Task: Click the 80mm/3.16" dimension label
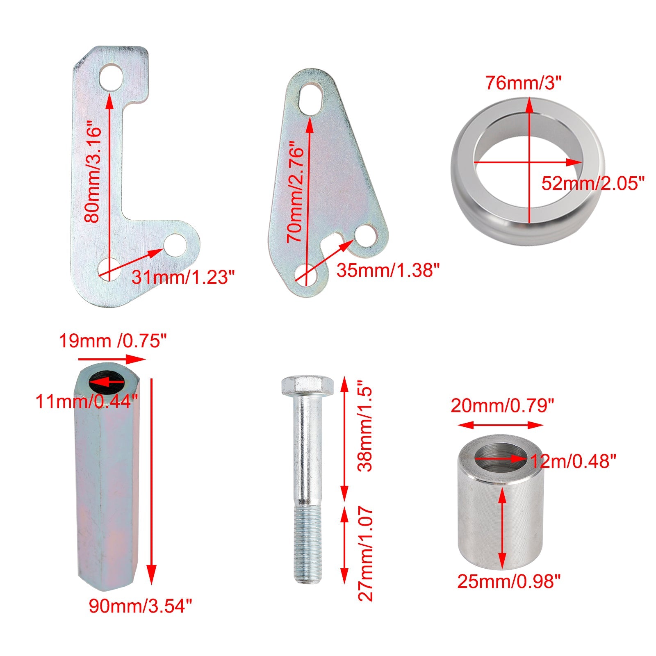[x=93, y=174]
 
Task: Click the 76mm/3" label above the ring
[x=523, y=83]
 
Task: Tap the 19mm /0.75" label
[x=113, y=341]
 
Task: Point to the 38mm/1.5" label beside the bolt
[x=364, y=430]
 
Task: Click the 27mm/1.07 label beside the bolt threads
[x=364, y=554]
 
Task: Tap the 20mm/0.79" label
[x=502, y=406]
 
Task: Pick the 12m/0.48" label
[x=573, y=462]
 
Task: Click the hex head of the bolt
[x=307, y=385]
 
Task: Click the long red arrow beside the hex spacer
[x=152, y=480]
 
